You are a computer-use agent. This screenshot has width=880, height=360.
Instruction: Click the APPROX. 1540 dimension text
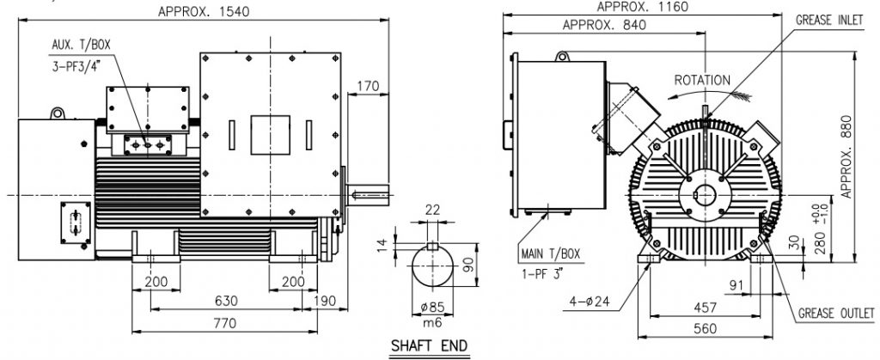pyautogui.click(x=204, y=11)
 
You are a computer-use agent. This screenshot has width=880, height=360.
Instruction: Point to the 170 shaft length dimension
pyautogui.click(x=368, y=87)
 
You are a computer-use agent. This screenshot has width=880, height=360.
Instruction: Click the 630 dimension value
pyautogui.click(x=226, y=301)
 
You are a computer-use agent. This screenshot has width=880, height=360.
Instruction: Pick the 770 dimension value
pyautogui.click(x=224, y=323)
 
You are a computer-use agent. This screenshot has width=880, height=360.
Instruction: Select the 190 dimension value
pyautogui.click(x=324, y=301)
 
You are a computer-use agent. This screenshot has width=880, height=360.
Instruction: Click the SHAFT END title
pyautogui.click(x=430, y=345)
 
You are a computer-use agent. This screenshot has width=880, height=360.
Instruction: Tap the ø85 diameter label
pyautogui.click(x=432, y=307)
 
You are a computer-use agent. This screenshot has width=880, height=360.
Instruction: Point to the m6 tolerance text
pyautogui.click(x=432, y=324)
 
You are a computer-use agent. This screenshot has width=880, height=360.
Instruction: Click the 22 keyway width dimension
pyautogui.click(x=432, y=210)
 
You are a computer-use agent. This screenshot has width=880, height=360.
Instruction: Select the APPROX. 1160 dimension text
pyautogui.click(x=643, y=7)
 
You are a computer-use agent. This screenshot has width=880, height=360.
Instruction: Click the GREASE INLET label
pyautogui.click(x=829, y=20)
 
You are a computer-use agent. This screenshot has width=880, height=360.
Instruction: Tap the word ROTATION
pyautogui.click(x=702, y=80)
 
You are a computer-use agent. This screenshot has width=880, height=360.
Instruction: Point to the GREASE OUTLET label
pyautogui.click(x=836, y=314)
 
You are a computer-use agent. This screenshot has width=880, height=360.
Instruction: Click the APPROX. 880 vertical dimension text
pyautogui.click(x=846, y=156)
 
